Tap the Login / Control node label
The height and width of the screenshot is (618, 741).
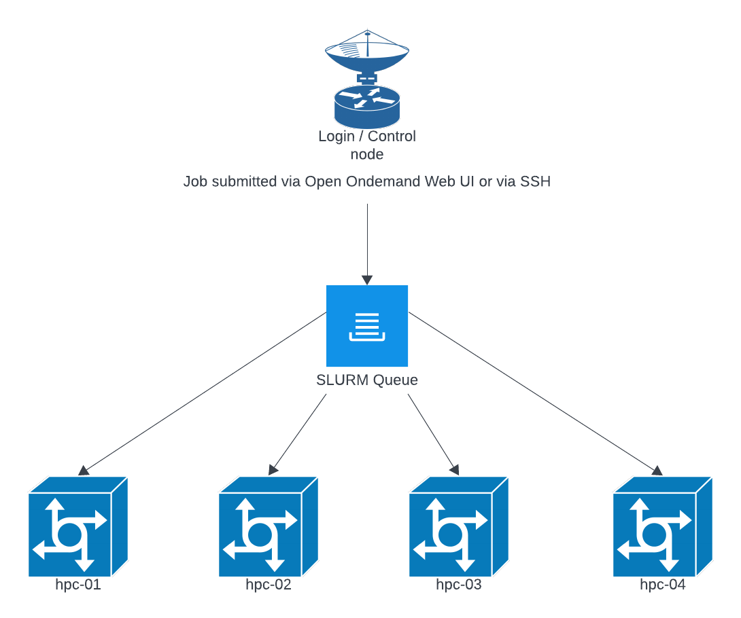coord(367,145)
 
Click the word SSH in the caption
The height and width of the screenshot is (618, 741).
coord(535,182)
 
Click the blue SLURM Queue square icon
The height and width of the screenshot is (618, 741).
coord(367,326)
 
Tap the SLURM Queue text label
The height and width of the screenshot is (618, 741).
coord(367,380)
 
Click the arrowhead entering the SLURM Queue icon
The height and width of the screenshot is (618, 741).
coord(367,280)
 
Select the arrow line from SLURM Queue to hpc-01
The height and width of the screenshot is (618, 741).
coord(204,393)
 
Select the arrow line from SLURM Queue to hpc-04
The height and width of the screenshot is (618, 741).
coord(534,393)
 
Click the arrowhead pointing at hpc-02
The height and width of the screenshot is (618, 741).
coord(274,469)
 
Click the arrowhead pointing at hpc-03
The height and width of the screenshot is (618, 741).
coord(454,469)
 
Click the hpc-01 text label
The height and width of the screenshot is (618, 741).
coord(78,585)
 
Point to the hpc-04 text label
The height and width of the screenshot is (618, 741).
coord(663,585)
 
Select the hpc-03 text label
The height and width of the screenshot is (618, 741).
coord(459,585)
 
